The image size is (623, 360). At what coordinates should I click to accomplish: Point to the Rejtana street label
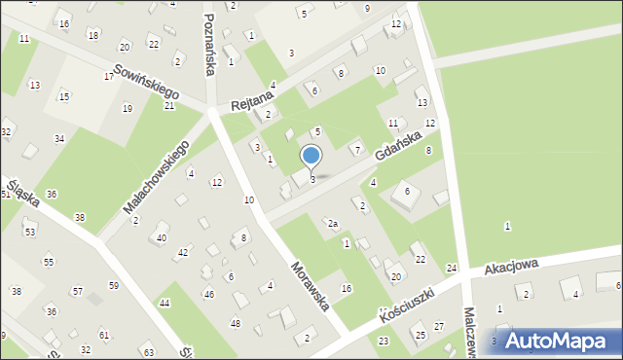click(x=249, y=99)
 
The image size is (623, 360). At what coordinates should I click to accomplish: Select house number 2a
click(x=332, y=224)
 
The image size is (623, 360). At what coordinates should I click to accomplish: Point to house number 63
click(x=148, y=351)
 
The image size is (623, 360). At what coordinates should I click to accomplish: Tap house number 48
click(x=235, y=323)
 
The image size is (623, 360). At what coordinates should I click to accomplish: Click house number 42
click(x=182, y=252)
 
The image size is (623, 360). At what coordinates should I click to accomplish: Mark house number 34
click(x=59, y=139)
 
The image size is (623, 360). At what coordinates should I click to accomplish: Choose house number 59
click(x=114, y=285)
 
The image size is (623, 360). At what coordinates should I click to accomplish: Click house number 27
click(x=439, y=326)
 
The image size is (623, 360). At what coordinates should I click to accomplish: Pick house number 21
click(x=168, y=105)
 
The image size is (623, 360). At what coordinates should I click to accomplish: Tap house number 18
click(x=92, y=35)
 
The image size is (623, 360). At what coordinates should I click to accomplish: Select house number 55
click(x=49, y=262)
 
